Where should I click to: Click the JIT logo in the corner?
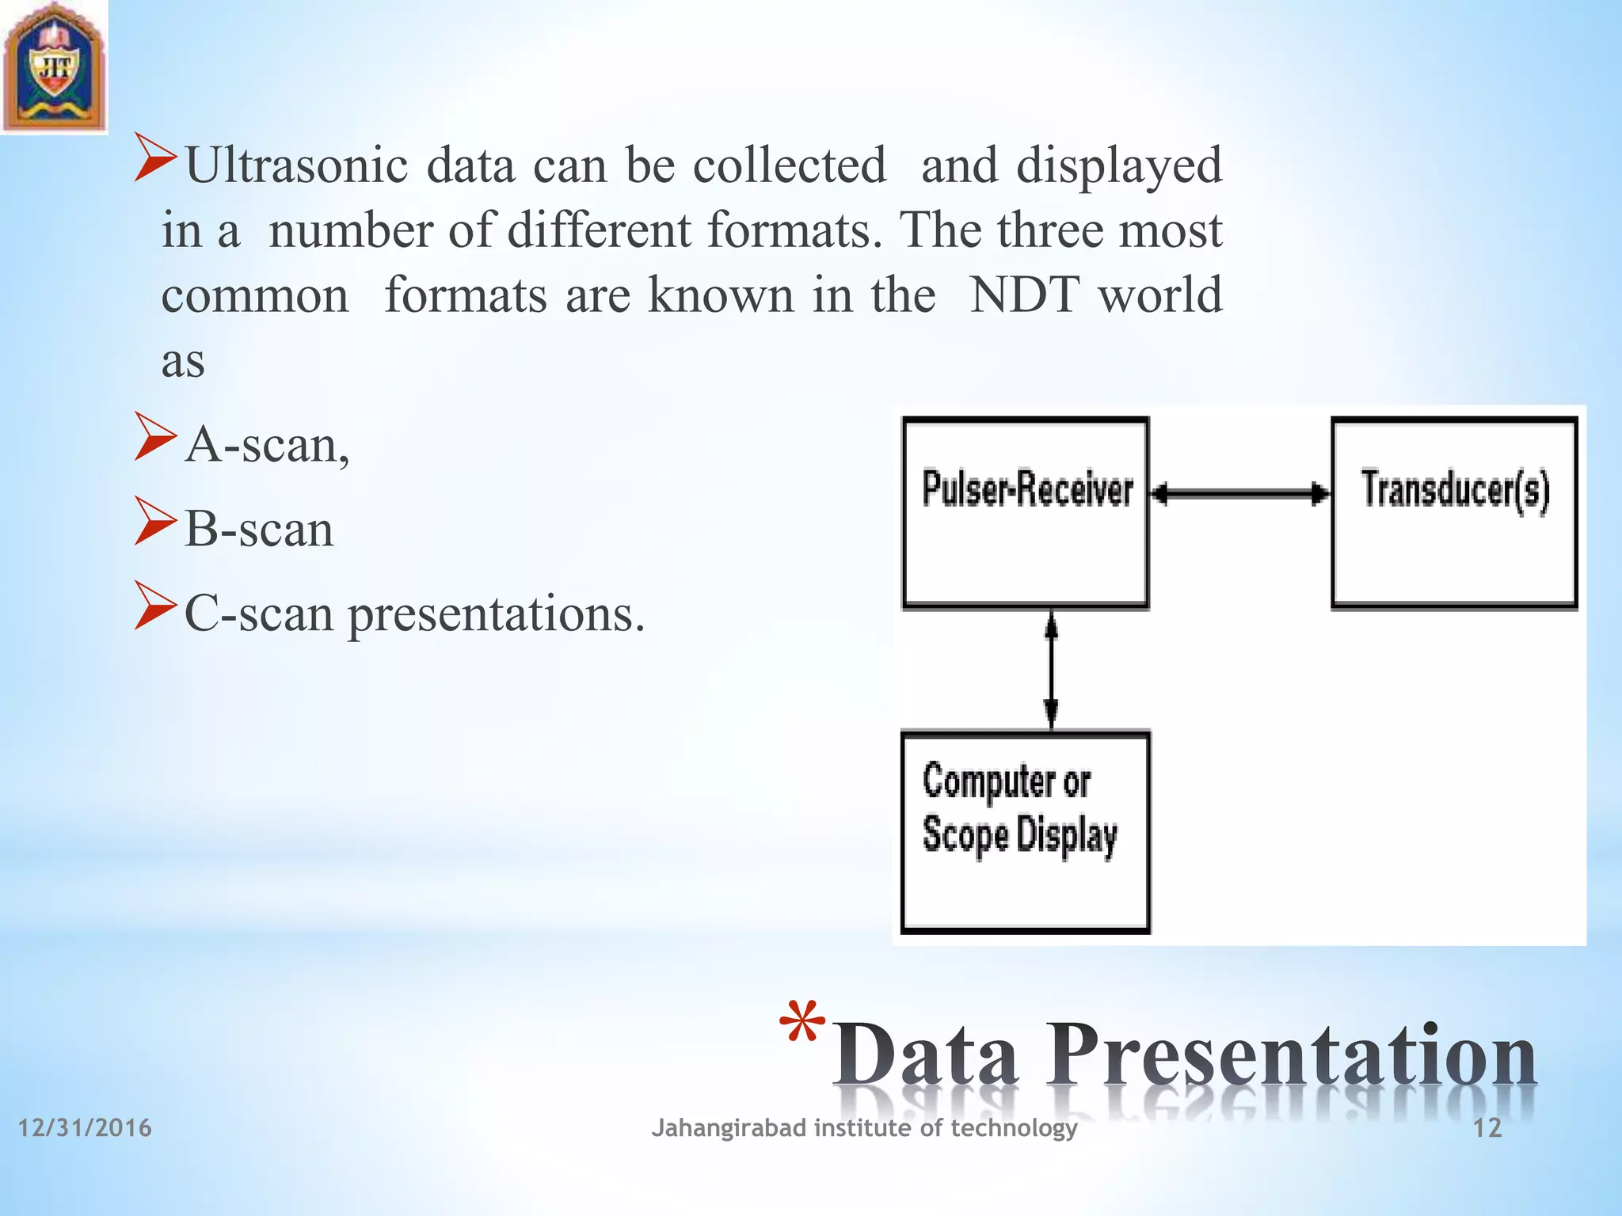tap(54, 66)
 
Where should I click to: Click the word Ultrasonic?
tap(296, 165)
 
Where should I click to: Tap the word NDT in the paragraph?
tap(1023, 295)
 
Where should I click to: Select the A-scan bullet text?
tap(267, 445)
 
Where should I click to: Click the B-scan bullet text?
tap(259, 530)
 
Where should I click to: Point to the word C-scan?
tap(259, 614)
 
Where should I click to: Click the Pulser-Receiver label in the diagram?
tap(1027, 489)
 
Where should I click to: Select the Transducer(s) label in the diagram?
tap(1455, 489)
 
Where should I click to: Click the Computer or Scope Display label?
tap(1020, 808)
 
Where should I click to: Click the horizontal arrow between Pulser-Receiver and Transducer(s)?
tap(1240, 494)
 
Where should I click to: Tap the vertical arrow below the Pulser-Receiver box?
tap(1051, 670)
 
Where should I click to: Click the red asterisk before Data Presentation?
tap(801, 1024)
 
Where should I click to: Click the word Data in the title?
tap(925, 1056)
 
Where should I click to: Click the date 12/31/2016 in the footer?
tap(85, 1127)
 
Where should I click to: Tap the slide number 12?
tap(1487, 1128)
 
